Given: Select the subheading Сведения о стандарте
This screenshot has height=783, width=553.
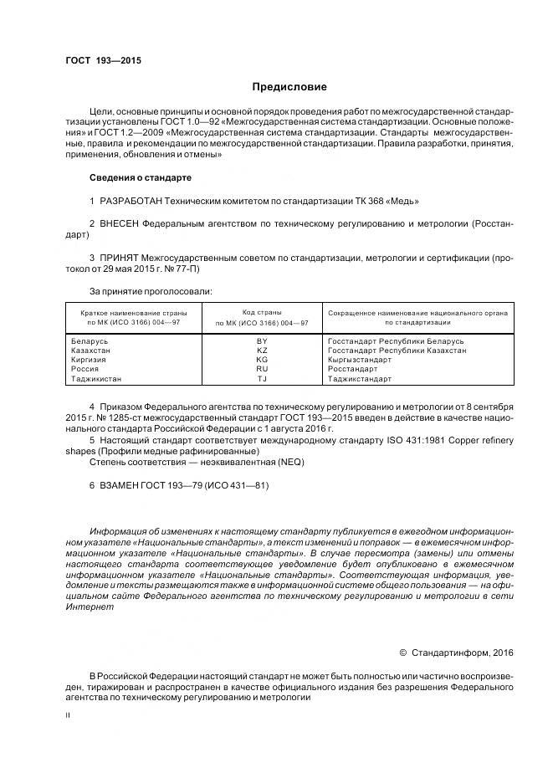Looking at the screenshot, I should coord(141,177).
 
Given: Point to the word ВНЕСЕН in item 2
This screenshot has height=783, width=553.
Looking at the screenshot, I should coord(120,224).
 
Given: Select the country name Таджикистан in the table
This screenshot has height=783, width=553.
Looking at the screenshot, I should coord(99,378).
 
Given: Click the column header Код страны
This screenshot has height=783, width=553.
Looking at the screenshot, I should coord(262,312).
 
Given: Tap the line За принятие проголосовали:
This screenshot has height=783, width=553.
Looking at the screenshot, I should coord(151,291).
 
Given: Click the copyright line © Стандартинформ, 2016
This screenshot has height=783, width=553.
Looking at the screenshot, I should coord(456,652).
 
